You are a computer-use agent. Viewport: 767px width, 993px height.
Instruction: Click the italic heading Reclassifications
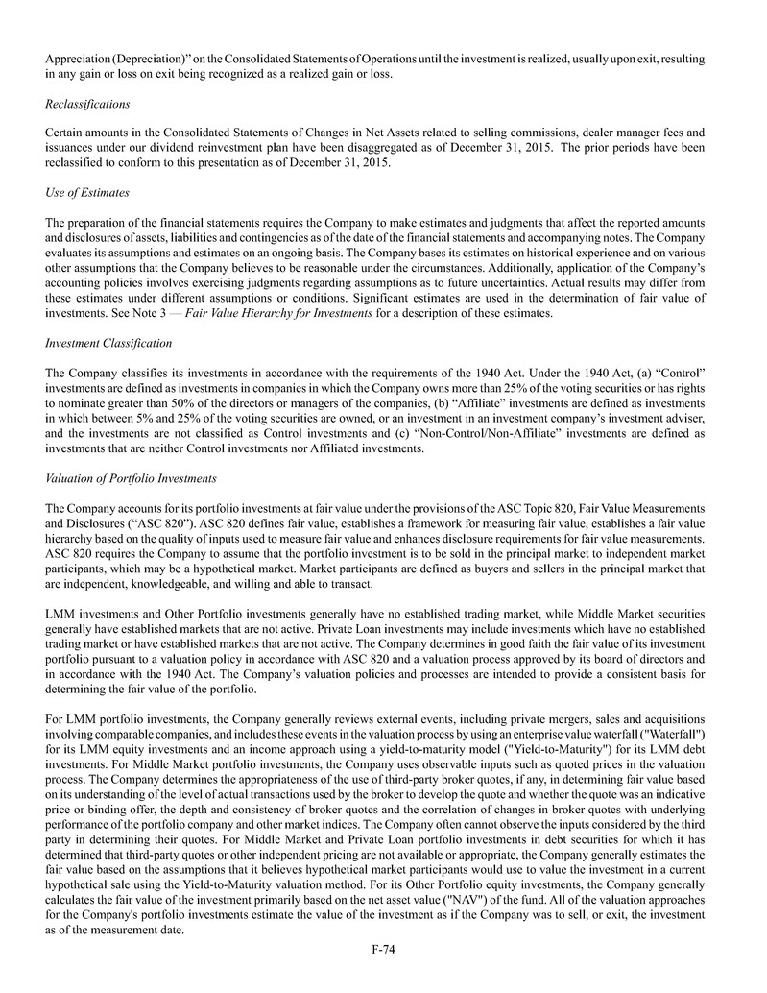(x=88, y=103)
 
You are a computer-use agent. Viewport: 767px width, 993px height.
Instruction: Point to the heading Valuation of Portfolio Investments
(x=131, y=477)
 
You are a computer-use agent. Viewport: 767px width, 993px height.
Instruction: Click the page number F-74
(x=384, y=950)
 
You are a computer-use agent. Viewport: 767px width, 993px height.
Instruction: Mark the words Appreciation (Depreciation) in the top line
(x=126, y=60)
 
